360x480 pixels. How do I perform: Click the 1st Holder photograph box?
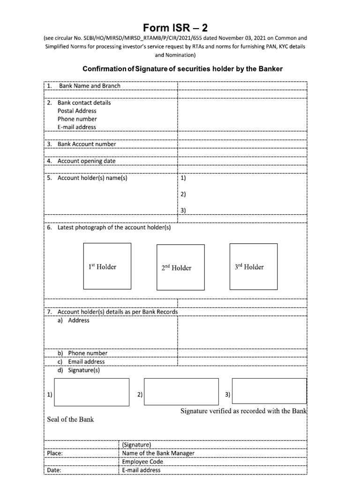pyautogui.click(x=102, y=266)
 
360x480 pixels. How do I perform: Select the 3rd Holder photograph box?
pyautogui.click(x=249, y=266)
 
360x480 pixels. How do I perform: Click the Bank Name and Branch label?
pyautogui.click(x=89, y=86)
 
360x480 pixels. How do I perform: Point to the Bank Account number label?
pyautogui.click(x=86, y=144)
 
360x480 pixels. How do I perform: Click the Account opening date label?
pyautogui.click(x=86, y=161)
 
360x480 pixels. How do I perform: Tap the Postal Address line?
pyautogui.click(x=77, y=111)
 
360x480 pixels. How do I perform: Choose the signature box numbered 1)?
pyautogui.click(x=92, y=391)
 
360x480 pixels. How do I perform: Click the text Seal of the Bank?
pyautogui.click(x=70, y=419)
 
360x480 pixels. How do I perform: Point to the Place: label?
pyautogui.click(x=55, y=453)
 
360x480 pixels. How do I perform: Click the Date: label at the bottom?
pyautogui.click(x=54, y=470)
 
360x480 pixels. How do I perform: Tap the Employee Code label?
pyautogui.click(x=142, y=462)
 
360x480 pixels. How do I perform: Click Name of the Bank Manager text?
pyautogui.click(x=158, y=453)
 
